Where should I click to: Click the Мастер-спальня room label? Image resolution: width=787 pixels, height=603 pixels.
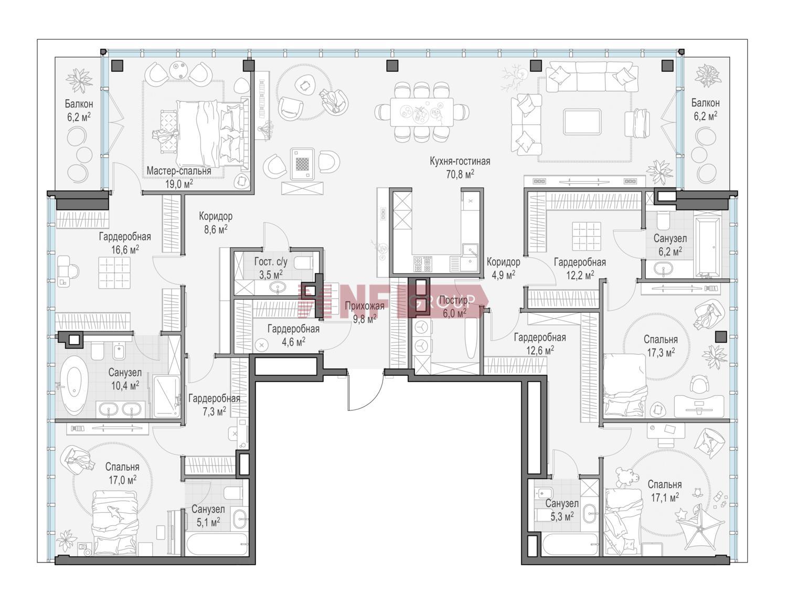pyautogui.click(x=178, y=171)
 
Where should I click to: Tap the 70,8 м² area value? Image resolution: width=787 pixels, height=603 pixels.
pyautogui.click(x=460, y=174)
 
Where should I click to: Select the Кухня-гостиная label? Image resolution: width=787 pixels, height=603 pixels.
pyautogui.click(x=460, y=161)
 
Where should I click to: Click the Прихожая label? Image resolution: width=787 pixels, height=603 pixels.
pyautogui.click(x=364, y=306)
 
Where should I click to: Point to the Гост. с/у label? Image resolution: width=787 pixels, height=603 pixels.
pyautogui.click(x=271, y=261)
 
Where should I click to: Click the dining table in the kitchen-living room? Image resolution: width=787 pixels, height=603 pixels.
pyautogui.click(x=422, y=112)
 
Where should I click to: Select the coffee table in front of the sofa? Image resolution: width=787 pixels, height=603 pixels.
pyautogui.click(x=582, y=122)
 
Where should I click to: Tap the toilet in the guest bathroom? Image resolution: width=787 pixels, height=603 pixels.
pyautogui.click(x=303, y=262)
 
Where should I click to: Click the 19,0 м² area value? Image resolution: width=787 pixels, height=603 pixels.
pyautogui.click(x=179, y=184)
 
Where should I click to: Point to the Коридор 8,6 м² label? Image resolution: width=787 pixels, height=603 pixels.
pyautogui.click(x=216, y=223)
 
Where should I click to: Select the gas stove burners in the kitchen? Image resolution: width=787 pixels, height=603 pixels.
pyautogui.click(x=423, y=263)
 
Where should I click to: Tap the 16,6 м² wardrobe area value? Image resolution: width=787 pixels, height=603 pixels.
pyautogui.click(x=125, y=249)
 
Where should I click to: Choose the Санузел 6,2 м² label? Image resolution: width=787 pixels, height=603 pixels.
pyautogui.click(x=670, y=245)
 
